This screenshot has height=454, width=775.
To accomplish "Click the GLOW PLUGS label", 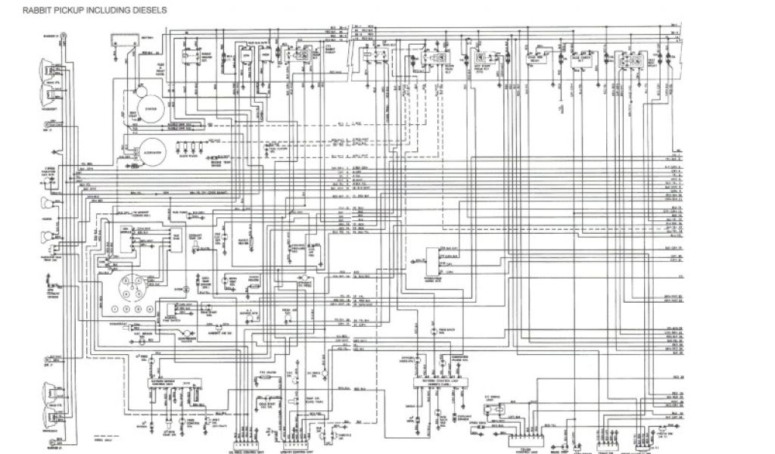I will tap(185, 161).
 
